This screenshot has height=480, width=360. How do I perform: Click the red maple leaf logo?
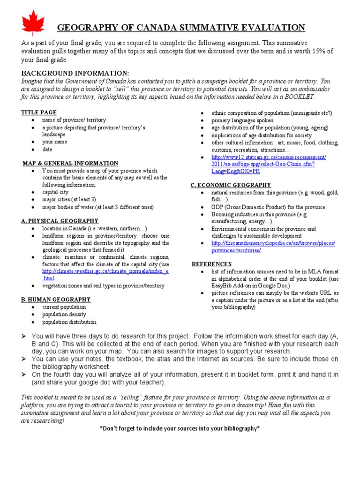33,23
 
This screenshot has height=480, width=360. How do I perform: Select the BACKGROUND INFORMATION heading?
75,74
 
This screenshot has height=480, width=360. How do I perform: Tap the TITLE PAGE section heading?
39,112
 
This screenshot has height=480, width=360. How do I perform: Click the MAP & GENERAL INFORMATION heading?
70,163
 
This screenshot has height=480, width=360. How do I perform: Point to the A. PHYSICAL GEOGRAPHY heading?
60,221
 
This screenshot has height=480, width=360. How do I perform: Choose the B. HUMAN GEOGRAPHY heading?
56,299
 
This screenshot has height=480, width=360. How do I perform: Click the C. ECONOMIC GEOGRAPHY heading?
231,185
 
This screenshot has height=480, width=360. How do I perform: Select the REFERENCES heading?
211,264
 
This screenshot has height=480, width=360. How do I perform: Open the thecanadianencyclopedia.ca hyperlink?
273,247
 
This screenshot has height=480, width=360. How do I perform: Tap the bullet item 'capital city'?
55,192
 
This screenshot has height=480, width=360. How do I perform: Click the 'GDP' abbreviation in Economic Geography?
217,207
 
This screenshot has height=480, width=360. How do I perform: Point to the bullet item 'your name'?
55,142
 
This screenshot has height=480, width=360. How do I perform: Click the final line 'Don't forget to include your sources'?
180,428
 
